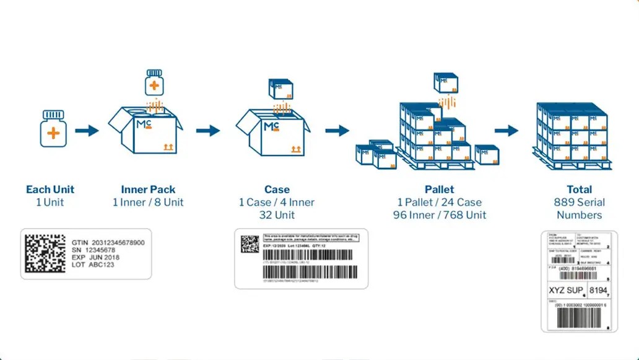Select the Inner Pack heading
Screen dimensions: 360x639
[x=148, y=190]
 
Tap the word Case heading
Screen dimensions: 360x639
[x=276, y=190]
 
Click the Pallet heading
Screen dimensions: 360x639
[x=439, y=190]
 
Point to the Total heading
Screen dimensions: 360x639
[x=579, y=190]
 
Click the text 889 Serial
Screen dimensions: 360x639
[x=579, y=203]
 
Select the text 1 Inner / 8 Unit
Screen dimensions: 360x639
[x=148, y=203]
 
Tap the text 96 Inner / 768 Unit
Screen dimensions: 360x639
[x=439, y=216]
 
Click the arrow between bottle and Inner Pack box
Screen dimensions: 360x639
[x=86, y=131]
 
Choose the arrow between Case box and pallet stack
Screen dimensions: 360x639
[x=337, y=131]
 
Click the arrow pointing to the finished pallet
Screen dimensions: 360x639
[x=506, y=131]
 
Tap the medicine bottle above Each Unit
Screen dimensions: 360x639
[x=53, y=129]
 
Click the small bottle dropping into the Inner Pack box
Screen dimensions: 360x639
[x=154, y=82]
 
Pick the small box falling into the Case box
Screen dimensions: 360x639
[x=280, y=88]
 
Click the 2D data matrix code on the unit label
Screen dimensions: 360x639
[x=45, y=254]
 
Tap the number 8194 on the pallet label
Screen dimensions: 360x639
[x=599, y=290]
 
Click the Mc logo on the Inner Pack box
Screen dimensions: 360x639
[x=143, y=126]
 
